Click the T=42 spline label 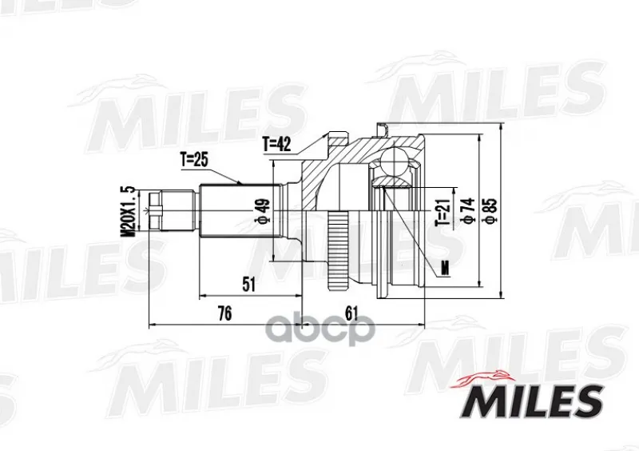coord(276,144)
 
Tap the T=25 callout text coord(194,160)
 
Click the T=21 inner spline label coord(443,212)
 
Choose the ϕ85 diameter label coord(490,210)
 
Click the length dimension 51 coord(248,284)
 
